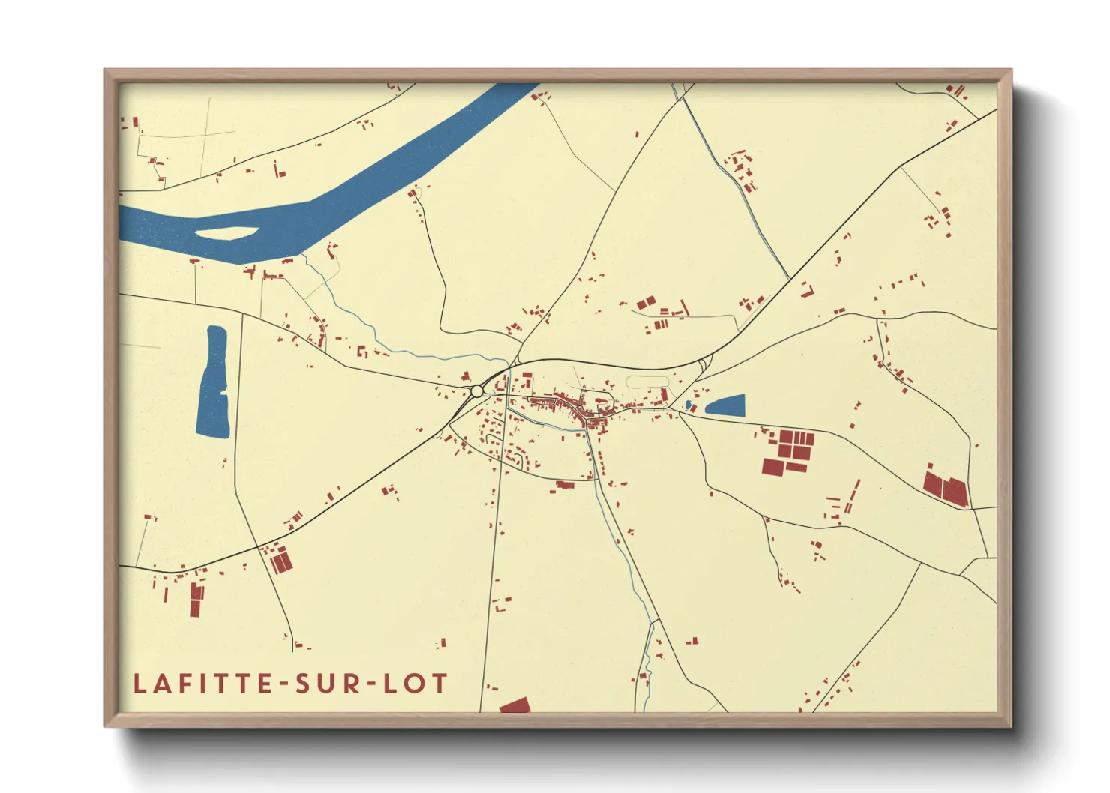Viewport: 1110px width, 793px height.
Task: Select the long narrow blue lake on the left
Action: tap(214, 382)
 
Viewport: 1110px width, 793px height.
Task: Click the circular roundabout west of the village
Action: tap(477, 391)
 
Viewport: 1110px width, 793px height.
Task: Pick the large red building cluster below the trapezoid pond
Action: tap(787, 453)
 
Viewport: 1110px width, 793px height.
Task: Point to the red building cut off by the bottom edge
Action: tap(515, 705)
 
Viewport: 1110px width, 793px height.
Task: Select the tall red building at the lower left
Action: tap(196, 599)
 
